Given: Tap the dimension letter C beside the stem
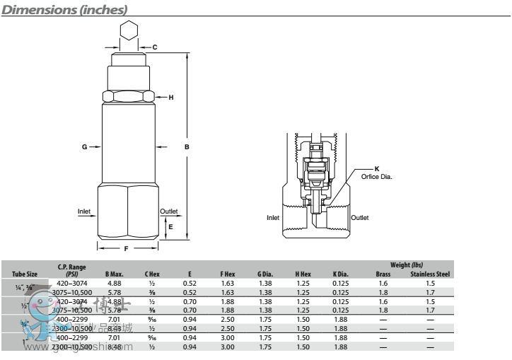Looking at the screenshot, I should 154,47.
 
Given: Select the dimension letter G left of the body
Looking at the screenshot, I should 84,147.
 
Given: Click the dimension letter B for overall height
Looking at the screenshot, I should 187,147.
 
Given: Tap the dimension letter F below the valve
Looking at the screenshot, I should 126,248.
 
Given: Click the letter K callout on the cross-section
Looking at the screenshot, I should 377,168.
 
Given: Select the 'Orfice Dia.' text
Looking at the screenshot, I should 376,175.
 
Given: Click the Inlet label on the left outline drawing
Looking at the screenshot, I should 85,211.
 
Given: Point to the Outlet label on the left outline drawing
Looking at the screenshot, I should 169,211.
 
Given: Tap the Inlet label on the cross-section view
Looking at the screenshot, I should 274,217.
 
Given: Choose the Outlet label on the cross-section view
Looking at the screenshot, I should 360,217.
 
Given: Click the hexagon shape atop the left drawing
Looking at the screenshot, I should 127,30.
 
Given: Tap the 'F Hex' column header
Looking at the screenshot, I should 227,274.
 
